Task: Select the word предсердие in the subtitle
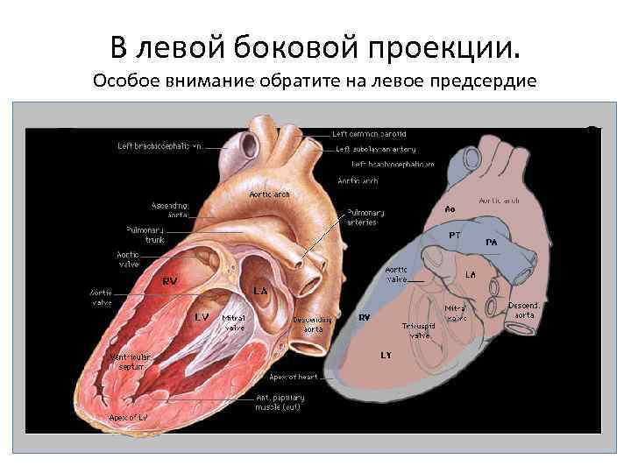(489, 81)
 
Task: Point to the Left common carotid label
(369, 134)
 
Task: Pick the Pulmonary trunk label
(145, 234)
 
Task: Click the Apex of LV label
(127, 417)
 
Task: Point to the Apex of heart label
(293, 377)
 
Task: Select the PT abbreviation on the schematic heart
(455, 235)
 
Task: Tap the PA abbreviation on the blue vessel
(492, 241)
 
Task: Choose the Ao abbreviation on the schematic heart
(450, 209)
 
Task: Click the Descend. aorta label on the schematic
(524, 309)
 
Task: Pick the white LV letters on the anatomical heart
(202, 317)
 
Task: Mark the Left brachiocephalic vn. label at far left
(160, 146)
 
